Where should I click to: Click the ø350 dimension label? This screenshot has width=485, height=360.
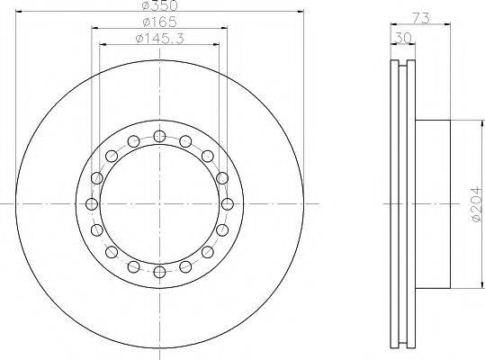[159, 5]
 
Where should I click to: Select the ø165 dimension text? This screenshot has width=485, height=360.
[159, 22]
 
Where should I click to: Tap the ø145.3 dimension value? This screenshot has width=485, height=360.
[159, 39]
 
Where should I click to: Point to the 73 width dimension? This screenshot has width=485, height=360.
[421, 18]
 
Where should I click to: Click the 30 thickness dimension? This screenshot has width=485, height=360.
[403, 38]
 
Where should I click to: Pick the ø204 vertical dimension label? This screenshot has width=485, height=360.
[477, 204]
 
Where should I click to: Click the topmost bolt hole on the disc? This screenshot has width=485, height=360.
[159, 136]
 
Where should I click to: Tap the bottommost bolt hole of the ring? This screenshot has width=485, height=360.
[159, 272]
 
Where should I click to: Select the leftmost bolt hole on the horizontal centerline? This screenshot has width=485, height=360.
[92, 204]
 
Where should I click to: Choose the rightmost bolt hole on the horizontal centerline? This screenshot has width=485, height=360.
[228, 204]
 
